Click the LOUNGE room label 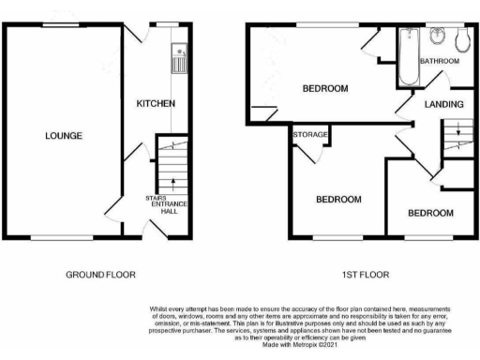(x=64, y=136)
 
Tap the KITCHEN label (x=156, y=103)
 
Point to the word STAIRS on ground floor (x=156, y=198)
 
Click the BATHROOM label (x=439, y=62)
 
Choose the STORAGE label (x=311, y=135)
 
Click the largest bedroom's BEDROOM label (x=324, y=89)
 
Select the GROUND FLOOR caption (x=100, y=276)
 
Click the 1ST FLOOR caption (x=364, y=276)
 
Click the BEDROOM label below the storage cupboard (x=337, y=200)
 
